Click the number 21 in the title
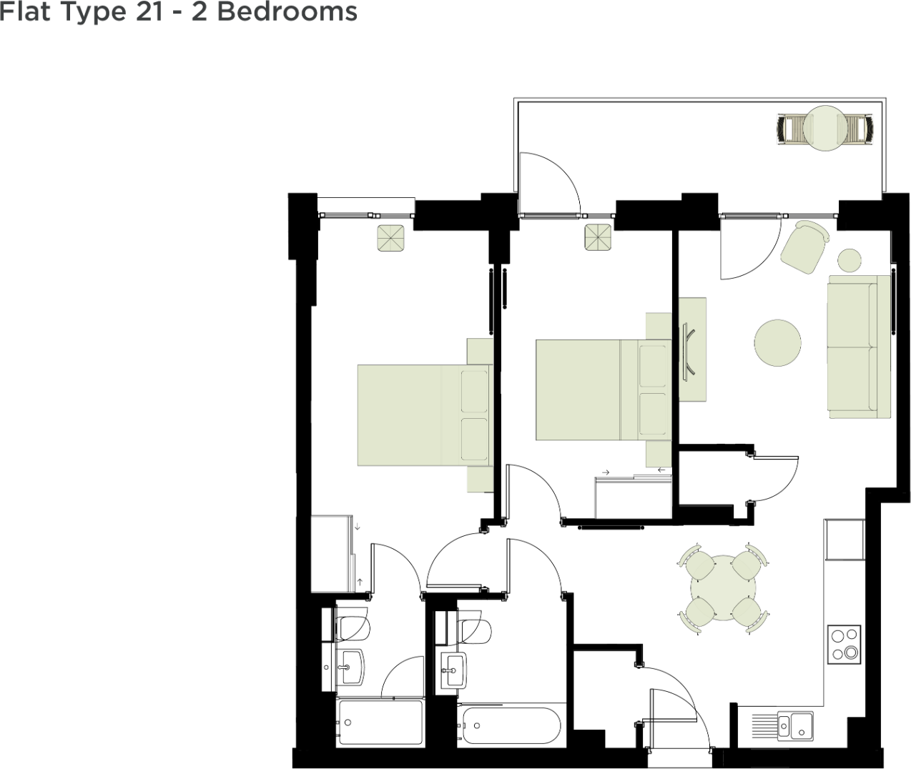(x=149, y=11)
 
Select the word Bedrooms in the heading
(x=287, y=11)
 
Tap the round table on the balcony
(x=825, y=128)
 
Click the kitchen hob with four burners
(x=844, y=645)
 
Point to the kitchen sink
(x=795, y=726)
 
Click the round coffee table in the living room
(x=777, y=343)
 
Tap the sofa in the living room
(x=859, y=347)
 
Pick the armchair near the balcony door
(x=805, y=247)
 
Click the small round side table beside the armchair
(x=850, y=260)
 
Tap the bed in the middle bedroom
(x=604, y=390)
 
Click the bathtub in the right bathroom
(x=511, y=725)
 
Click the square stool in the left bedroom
(x=390, y=238)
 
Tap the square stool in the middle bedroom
(x=598, y=237)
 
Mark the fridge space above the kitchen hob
(x=844, y=540)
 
